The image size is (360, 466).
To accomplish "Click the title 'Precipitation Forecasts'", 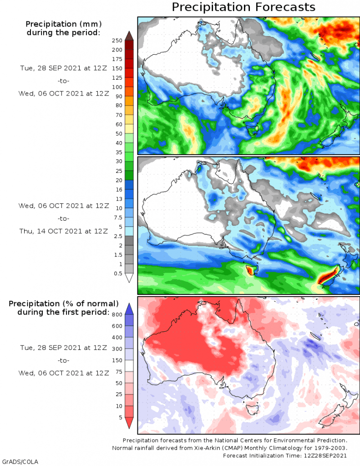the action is coord(243,7).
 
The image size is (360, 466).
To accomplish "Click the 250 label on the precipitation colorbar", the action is coord(117,41).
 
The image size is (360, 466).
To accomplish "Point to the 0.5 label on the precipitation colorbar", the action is coord(118,274).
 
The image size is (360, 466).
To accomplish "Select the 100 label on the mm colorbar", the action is coord(117,87).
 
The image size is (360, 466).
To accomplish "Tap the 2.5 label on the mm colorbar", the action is coord(118,236).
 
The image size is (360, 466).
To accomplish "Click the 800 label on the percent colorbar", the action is coord(117,314).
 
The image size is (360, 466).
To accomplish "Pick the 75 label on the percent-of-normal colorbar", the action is coord(119,371).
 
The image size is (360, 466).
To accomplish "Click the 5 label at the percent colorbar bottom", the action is coord(121,417).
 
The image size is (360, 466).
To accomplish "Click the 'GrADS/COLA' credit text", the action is coord(20,461).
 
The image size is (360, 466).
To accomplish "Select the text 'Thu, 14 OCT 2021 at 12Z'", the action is coord(64,231).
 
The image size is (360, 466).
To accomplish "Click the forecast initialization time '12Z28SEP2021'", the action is coord(325,456).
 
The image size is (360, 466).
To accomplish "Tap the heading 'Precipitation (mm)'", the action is coord(64,24).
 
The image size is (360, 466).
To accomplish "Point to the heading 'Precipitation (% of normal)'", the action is coord(64,304).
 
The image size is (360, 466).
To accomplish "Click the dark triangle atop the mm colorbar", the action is coord(129,35).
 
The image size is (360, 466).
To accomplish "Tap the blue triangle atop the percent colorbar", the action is coord(129,309).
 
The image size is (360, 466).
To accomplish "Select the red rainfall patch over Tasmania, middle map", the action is coord(251,270).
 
